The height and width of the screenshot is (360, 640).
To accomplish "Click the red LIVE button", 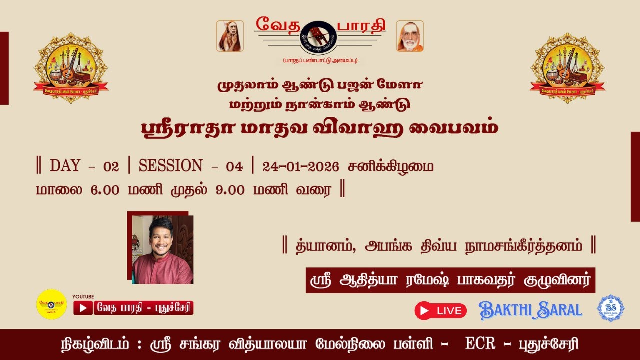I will [x=440, y=310].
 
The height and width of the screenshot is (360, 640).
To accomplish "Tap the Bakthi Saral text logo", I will [x=530, y=310].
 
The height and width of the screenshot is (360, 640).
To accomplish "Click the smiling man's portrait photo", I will [x=162, y=250].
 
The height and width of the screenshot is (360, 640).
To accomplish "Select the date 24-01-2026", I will [x=300, y=166].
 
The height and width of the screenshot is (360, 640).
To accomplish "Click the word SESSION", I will [x=171, y=166].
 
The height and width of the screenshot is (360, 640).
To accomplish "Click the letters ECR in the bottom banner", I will [x=480, y=344].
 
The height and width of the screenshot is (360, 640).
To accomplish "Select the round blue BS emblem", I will [x=610, y=308].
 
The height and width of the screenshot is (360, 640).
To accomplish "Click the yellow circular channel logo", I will [x=51, y=304].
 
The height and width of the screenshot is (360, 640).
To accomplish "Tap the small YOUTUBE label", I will [x=83, y=296].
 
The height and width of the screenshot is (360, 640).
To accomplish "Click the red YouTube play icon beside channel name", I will [x=83, y=308].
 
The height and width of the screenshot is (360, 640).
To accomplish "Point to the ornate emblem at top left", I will [x=71, y=68].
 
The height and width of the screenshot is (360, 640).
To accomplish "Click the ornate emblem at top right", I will [x=567, y=68].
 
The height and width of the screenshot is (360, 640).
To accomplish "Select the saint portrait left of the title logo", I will [x=230, y=36].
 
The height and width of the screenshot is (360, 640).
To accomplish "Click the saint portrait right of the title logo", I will [x=410, y=36].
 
